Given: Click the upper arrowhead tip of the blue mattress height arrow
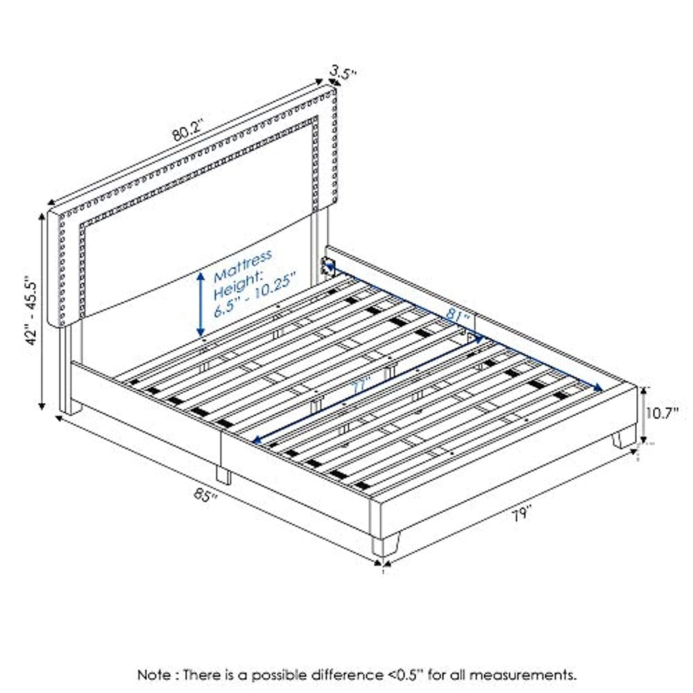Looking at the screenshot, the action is (x=200, y=272).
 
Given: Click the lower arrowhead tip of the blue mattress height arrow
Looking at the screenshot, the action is (x=200, y=337).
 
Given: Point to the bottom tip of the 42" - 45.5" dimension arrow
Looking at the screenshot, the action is (x=42, y=410).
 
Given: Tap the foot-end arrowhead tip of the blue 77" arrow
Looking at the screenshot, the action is (x=253, y=442).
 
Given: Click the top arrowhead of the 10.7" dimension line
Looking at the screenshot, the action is (x=644, y=387).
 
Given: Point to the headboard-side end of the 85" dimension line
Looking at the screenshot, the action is (x=56, y=416).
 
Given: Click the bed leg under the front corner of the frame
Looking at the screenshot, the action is (x=385, y=546).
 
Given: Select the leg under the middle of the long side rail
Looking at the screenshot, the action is (x=223, y=474).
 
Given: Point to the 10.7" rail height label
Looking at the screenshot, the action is (x=663, y=413).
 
